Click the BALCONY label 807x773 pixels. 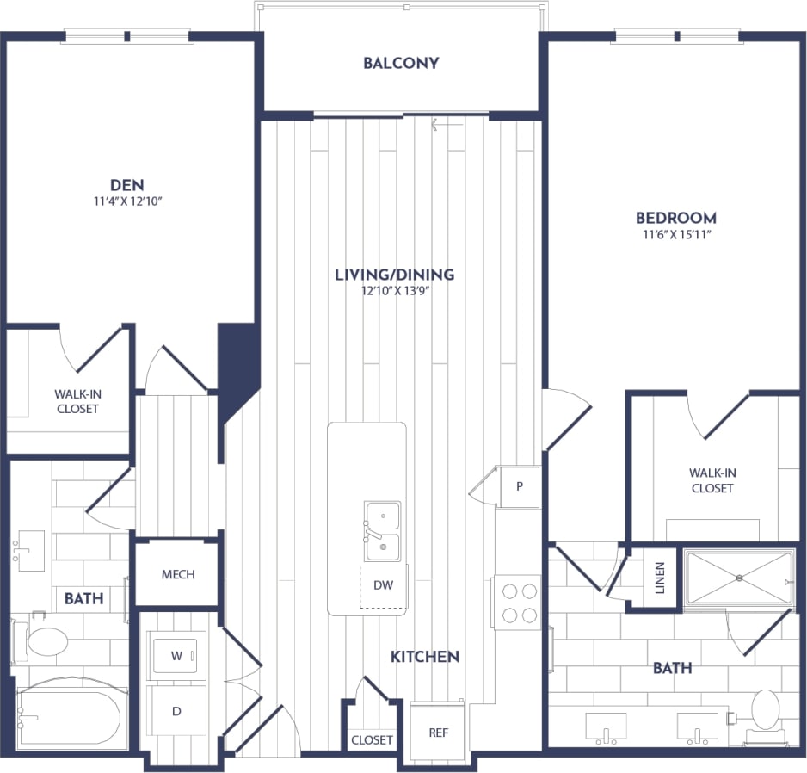point(401,63)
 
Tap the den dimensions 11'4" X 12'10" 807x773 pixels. point(126,201)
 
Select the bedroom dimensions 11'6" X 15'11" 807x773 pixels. point(675,234)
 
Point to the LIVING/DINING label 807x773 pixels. point(395,275)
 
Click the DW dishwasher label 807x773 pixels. point(383,585)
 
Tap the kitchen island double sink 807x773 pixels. point(381,531)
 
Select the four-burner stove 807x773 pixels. point(519,603)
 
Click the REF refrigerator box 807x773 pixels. point(439,733)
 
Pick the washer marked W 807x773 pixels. point(176,656)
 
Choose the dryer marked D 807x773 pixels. point(176,711)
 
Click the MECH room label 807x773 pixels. point(178,574)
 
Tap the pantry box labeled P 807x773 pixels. point(520,486)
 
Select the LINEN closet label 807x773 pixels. point(661,578)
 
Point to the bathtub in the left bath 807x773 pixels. point(71,716)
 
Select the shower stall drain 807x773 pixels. point(739,578)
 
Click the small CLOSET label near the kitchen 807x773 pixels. point(372,739)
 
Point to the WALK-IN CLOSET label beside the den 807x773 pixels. point(77,401)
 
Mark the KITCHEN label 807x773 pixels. point(424,656)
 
